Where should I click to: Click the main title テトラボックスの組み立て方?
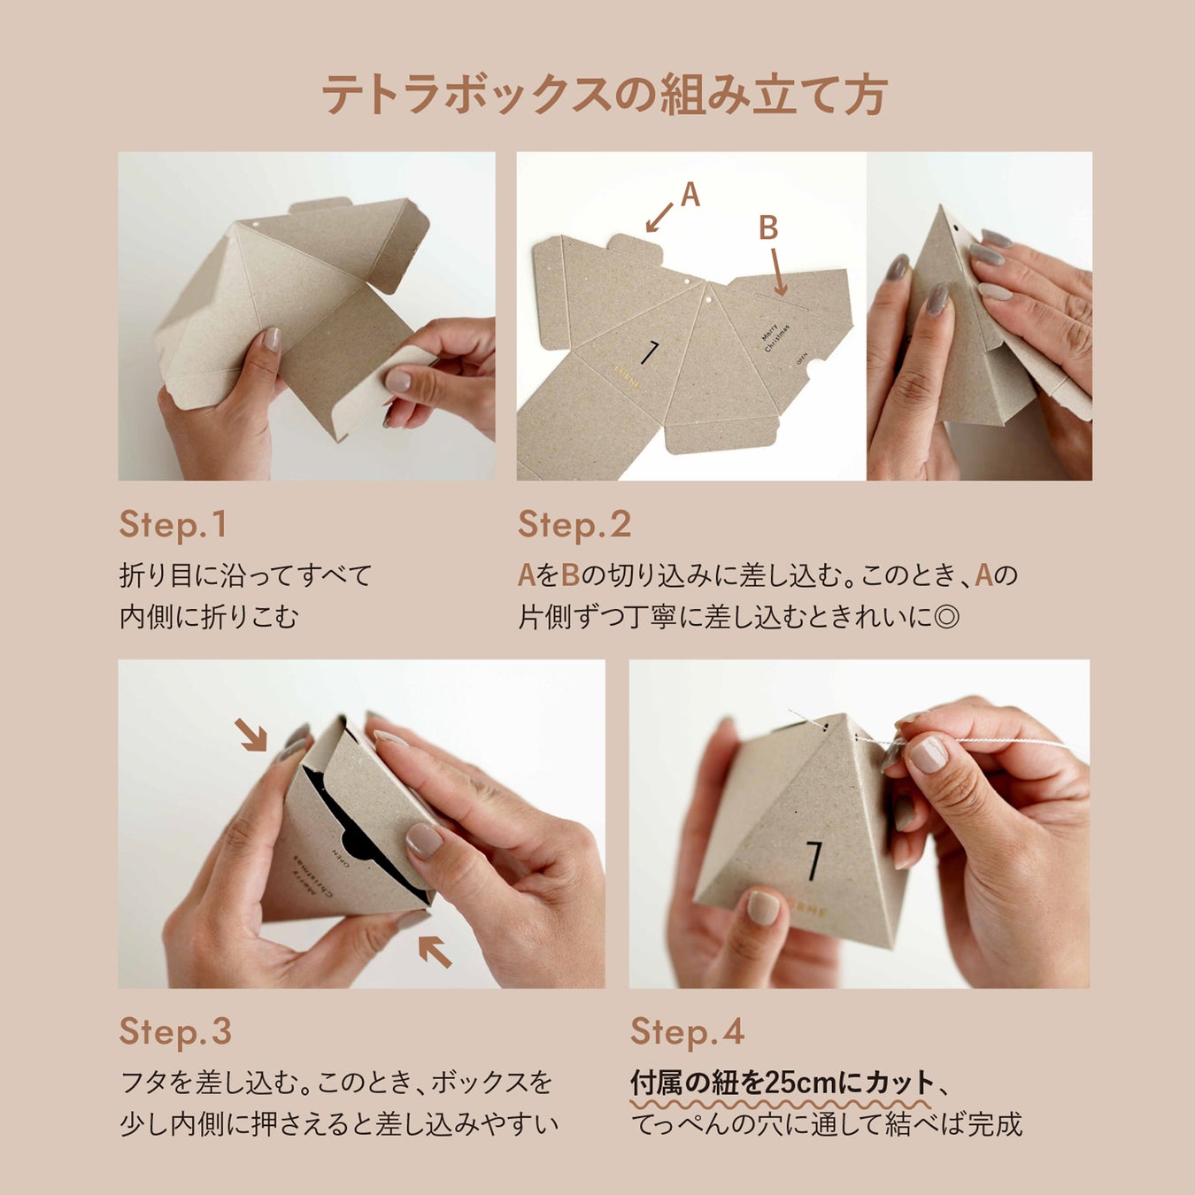tap(605, 94)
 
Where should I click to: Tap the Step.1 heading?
tap(173, 525)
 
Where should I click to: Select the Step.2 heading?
tap(574, 525)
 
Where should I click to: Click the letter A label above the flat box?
tap(690, 195)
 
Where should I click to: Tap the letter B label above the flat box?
tap(768, 227)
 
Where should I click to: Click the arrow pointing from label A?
tap(659, 218)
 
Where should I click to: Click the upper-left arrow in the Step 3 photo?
tap(251, 735)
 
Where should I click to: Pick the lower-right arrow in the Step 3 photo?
tap(435, 952)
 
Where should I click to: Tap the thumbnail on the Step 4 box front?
tap(764, 908)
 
